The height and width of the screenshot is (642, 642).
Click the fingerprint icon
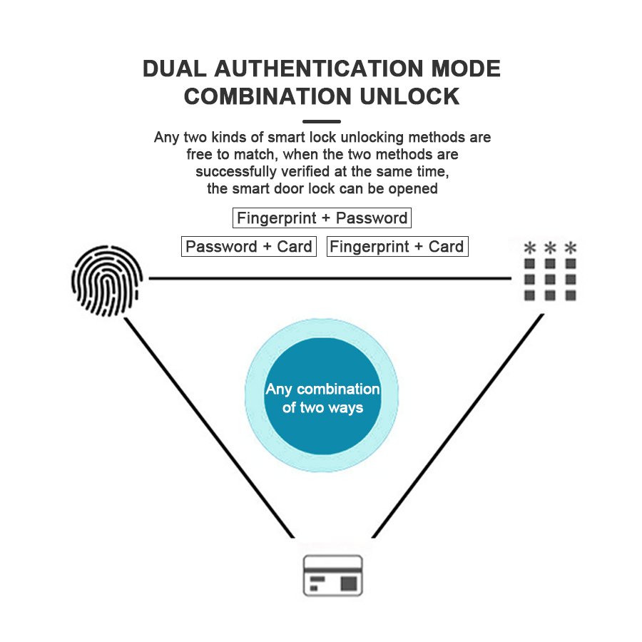pos(107,280)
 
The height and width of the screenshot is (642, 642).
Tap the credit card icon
pos(333,575)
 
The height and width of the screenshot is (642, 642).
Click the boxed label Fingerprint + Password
pos(322,218)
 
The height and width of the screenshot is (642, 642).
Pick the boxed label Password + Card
pos(249,247)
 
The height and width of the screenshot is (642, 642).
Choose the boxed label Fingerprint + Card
pos(397,247)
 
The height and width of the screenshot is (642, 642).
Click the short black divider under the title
pos(322,121)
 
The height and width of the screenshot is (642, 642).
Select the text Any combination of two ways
pos(322,398)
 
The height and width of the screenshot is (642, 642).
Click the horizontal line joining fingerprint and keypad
pos(328,278)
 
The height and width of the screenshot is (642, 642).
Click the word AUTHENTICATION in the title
pos(315,69)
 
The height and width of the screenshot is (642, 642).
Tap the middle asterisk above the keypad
pos(550,248)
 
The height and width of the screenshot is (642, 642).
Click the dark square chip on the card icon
pos(349,584)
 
